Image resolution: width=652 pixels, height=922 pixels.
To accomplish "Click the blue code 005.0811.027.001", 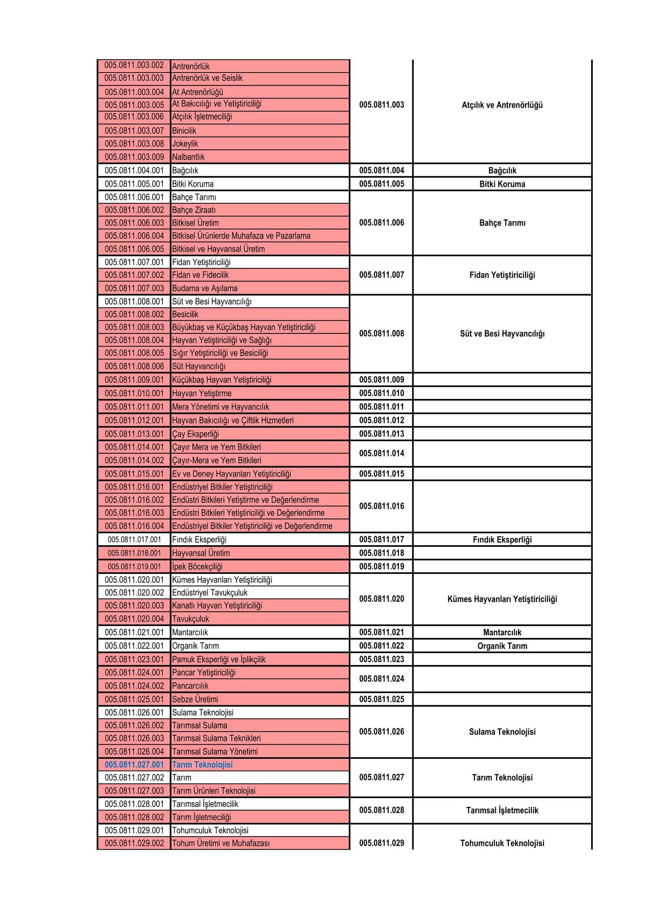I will click(134, 765).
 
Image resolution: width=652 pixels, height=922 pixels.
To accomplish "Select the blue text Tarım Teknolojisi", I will click(202, 765).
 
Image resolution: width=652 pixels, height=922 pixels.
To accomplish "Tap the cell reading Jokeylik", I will click(185, 144).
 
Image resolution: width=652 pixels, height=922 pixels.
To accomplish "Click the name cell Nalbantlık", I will click(188, 157).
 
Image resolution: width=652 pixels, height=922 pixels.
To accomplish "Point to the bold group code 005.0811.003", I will click(382, 105).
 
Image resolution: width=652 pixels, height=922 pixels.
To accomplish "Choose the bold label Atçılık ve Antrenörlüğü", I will click(502, 105).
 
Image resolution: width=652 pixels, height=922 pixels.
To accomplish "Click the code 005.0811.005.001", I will click(134, 184).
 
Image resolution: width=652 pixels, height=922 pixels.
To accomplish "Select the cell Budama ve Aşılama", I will click(205, 288).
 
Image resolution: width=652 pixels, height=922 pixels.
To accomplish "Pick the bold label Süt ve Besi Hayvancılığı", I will click(502, 334).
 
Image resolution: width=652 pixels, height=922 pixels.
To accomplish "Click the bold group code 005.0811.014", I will click(382, 453).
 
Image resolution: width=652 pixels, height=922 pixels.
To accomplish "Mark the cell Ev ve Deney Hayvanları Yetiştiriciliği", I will click(232, 474).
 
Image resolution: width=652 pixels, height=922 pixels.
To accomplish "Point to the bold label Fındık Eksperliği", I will click(502, 540).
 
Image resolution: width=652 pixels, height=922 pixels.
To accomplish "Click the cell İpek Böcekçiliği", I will click(197, 566).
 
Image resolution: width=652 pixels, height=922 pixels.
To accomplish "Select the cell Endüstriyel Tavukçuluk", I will click(210, 593).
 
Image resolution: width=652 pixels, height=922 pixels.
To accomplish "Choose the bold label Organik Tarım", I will click(502, 646).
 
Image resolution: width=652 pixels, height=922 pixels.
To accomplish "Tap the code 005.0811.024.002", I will click(134, 686).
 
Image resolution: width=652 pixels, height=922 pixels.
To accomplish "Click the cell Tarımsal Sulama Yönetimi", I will click(215, 751).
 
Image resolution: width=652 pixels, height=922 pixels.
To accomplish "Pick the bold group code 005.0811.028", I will click(382, 810).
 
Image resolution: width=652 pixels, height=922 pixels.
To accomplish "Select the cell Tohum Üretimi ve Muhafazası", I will click(221, 843).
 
